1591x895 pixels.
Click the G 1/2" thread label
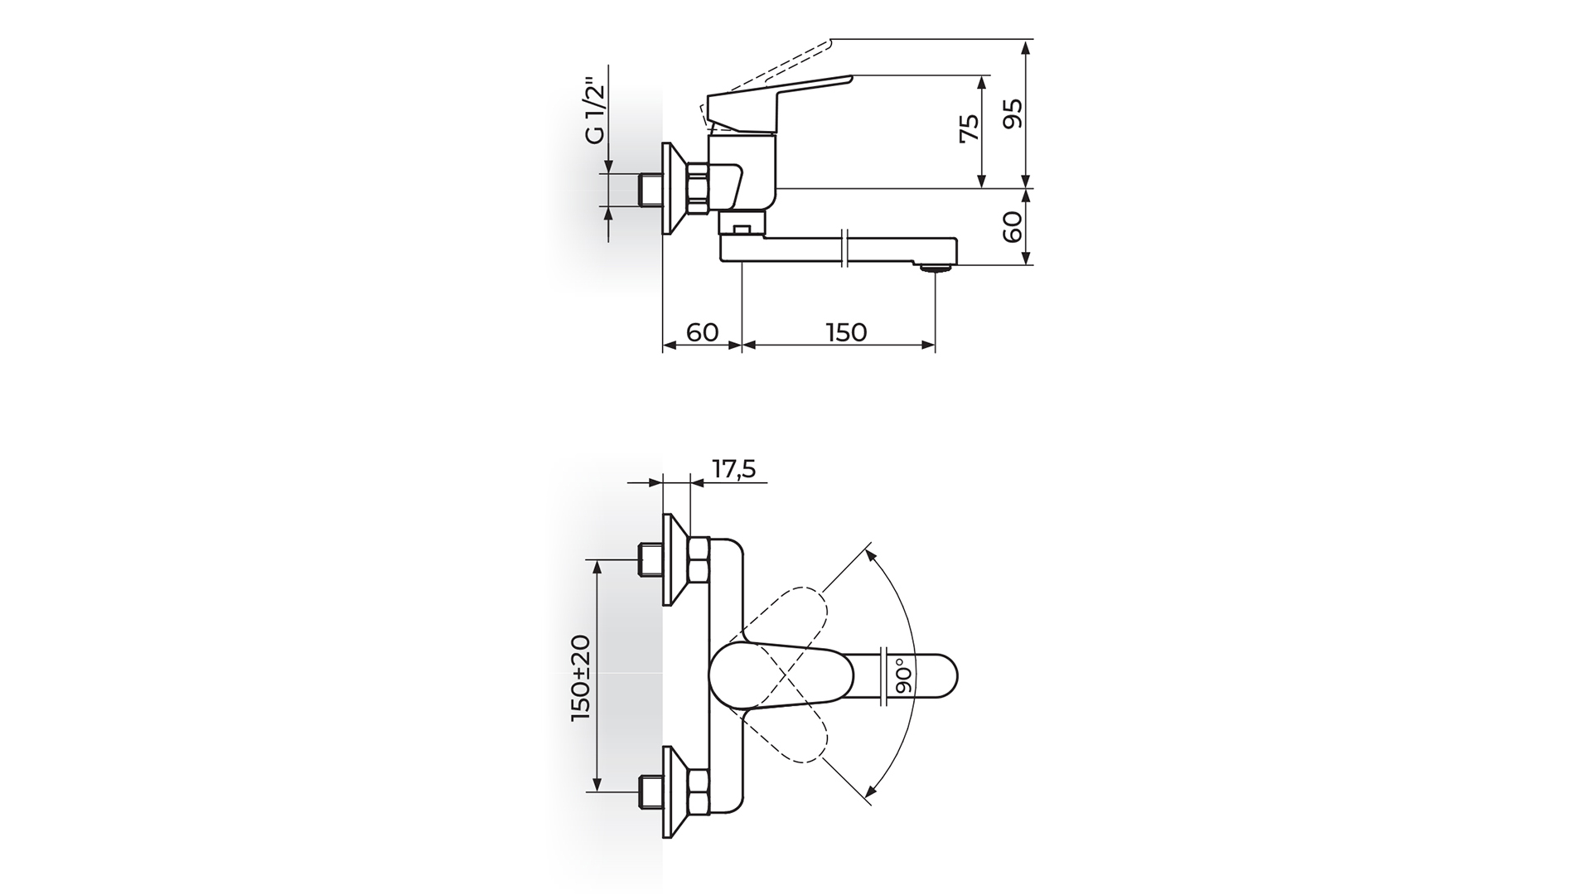595,111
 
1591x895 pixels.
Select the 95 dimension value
1013,114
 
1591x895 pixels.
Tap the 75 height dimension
968,129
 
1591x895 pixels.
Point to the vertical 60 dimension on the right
1013,226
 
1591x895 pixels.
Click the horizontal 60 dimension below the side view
702,331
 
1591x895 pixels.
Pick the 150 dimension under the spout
846,331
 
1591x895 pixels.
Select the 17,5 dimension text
733,470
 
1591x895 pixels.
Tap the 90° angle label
902,675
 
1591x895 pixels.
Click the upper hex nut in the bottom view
699,559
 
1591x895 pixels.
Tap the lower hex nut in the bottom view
699,793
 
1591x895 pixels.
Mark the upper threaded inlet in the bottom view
650,559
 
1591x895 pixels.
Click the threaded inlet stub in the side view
650,190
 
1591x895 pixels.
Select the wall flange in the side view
676,189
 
